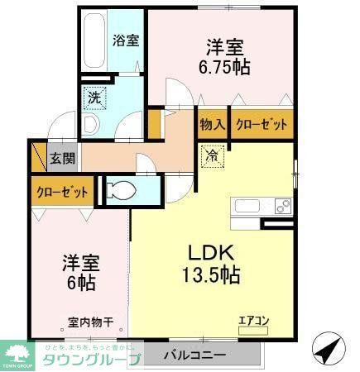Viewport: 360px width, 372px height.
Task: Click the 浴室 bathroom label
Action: click(x=127, y=40)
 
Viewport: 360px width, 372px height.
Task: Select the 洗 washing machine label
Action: click(x=95, y=98)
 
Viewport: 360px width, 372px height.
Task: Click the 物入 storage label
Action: click(x=213, y=125)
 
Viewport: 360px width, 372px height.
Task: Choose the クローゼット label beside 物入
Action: click(x=262, y=125)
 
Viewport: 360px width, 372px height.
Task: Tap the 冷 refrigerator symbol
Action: click(x=211, y=154)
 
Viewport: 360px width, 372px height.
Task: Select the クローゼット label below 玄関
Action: click(x=62, y=193)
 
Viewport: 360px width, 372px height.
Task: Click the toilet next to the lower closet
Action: click(x=121, y=192)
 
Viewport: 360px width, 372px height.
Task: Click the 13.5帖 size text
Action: click(x=211, y=276)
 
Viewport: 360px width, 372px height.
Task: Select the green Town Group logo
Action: click(x=18, y=352)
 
